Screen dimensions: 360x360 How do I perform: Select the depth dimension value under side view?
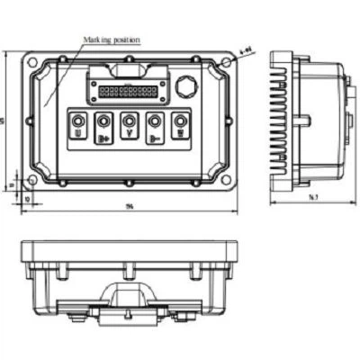tap(311, 196)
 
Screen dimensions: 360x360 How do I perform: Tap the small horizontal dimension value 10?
tap(27, 196)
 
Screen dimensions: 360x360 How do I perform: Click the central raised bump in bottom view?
tap(130, 292)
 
